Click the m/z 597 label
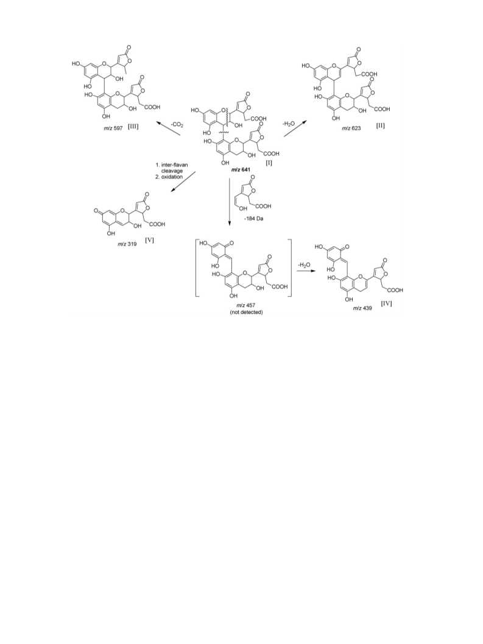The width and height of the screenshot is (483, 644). [113, 128]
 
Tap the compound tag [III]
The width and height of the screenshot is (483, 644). [133, 126]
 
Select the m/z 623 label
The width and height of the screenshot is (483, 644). [351, 128]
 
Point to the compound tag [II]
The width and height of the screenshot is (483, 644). [380, 126]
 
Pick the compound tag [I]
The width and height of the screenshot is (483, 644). [269, 163]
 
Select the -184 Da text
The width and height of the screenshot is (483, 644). [253, 219]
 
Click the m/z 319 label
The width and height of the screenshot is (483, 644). [127, 244]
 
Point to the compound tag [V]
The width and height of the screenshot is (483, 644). [149, 240]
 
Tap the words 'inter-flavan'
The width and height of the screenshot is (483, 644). [174, 165]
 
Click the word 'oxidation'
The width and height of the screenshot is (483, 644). [172, 177]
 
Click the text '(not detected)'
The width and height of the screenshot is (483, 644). [246, 313]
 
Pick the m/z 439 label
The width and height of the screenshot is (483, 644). [362, 308]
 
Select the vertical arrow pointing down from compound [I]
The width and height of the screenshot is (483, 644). [229, 202]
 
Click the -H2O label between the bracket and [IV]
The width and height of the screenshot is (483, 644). [305, 265]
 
